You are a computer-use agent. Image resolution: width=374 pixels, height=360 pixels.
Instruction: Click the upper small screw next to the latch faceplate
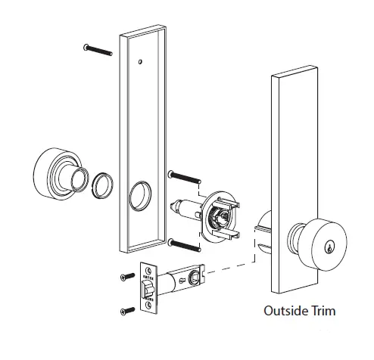coord(125,276)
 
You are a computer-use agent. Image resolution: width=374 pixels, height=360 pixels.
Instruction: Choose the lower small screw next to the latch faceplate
coord(125,310)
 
